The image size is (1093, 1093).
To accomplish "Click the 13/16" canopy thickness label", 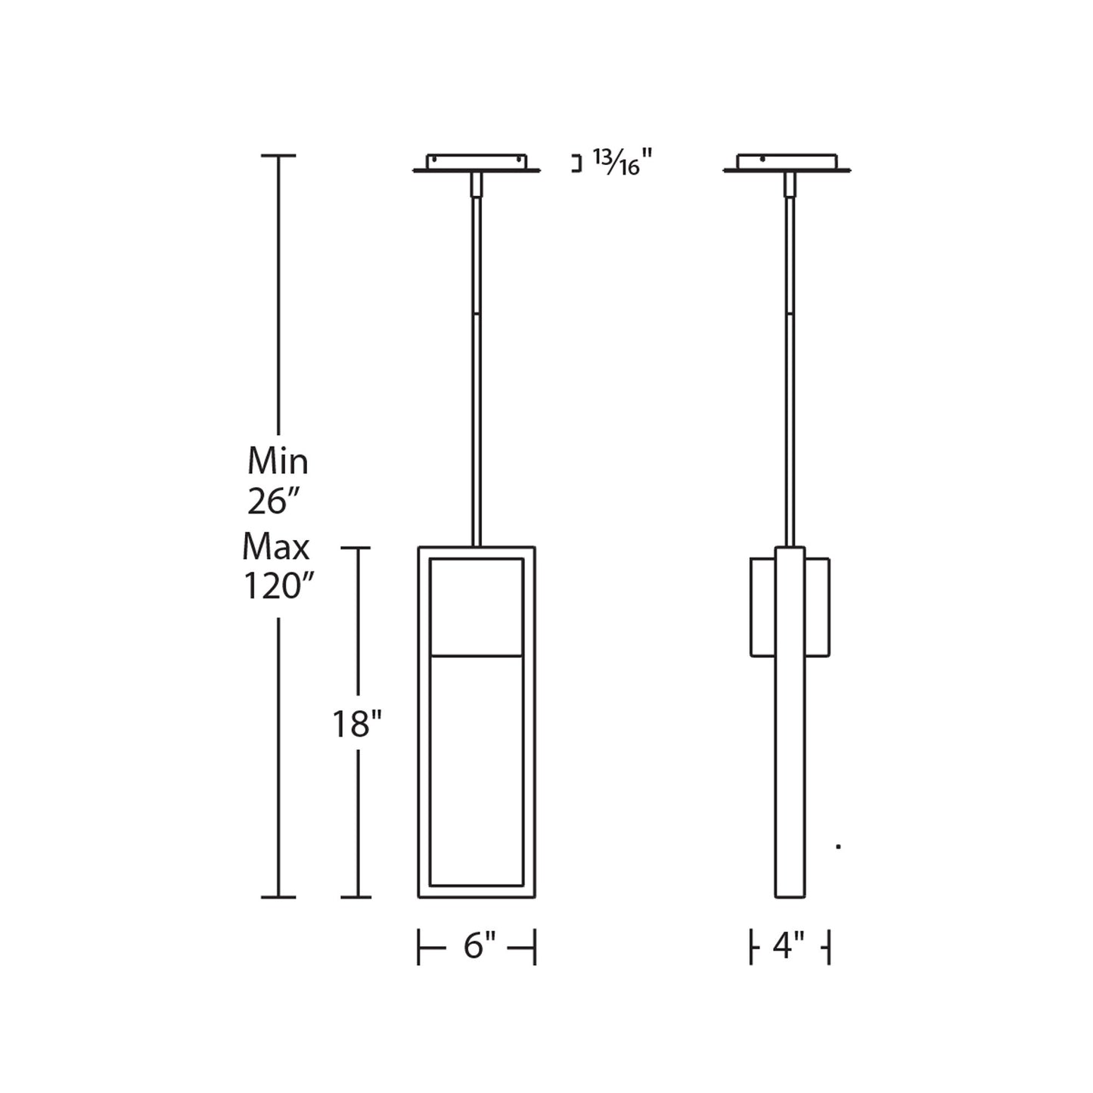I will [x=622, y=162].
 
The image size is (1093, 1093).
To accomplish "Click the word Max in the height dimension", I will [x=277, y=546].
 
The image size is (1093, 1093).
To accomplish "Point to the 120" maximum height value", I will [x=278, y=586].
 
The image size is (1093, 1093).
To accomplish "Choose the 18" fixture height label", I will [x=357, y=725].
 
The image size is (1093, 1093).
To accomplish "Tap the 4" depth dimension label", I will [x=789, y=946].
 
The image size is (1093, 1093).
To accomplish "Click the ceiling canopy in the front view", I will [x=477, y=163].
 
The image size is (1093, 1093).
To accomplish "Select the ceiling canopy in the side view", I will [x=787, y=163].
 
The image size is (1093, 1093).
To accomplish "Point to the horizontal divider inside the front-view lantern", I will [x=477, y=655].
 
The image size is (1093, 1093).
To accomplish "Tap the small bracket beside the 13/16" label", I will [x=578, y=164].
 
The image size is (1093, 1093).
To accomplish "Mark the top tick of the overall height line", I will [x=278, y=156].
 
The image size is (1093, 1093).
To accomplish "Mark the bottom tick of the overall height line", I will [x=278, y=897].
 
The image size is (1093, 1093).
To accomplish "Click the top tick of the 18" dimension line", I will [x=357, y=548].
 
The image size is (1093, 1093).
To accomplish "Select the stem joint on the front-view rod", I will [x=477, y=312].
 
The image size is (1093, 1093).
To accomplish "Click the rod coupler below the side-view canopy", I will [x=790, y=185].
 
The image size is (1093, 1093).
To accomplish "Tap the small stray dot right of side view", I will [x=838, y=846].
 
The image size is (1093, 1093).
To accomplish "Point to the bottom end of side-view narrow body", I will [x=790, y=896].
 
